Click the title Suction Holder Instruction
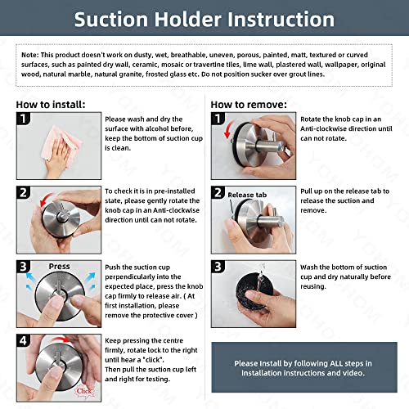(204, 20)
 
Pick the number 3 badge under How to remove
(219, 266)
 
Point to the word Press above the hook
(59, 267)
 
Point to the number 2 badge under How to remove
(219, 194)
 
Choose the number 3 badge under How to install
(25, 266)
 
